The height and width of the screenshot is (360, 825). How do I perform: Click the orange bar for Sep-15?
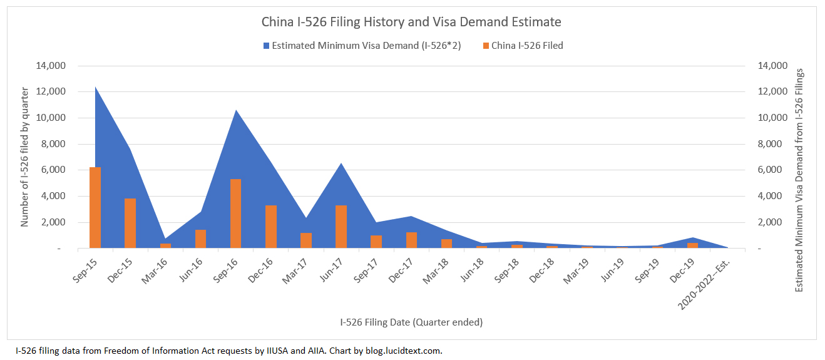(95, 207)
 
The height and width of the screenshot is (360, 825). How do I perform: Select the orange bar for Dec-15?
(130, 223)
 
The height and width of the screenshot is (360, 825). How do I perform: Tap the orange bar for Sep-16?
(235, 213)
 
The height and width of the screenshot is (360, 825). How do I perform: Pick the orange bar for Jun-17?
(341, 227)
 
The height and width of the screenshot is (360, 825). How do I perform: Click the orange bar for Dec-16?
(271, 227)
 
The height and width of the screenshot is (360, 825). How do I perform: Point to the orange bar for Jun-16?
(200, 239)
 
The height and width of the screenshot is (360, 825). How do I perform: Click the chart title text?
(411, 22)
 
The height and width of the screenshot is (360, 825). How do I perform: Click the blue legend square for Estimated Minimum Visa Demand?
(267, 46)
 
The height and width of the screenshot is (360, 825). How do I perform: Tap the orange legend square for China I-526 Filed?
(486, 46)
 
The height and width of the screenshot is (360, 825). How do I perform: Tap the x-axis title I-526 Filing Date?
(411, 322)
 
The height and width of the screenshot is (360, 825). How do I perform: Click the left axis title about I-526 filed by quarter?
(25, 157)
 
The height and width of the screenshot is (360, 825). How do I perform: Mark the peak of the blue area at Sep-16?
(235, 111)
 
